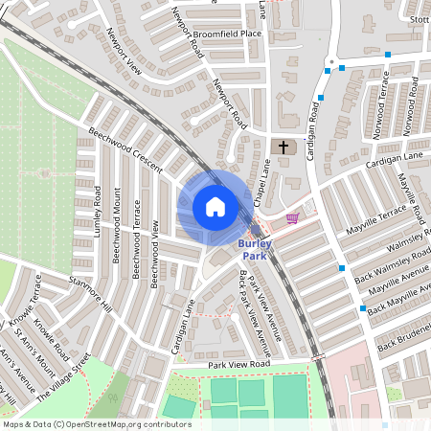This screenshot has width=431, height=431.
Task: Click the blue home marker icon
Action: pos(215,207)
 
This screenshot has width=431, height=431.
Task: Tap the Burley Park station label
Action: pos(255,250)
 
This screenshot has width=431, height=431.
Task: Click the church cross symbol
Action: pos(283,147)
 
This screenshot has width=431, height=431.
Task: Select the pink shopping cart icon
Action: pos(291,219)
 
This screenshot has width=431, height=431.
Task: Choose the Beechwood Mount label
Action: pos(116,236)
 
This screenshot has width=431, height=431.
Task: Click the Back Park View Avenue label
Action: pos(251,306)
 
